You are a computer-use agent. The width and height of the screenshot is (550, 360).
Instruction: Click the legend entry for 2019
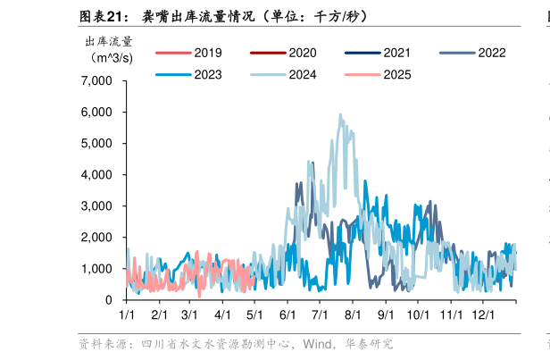[189, 53]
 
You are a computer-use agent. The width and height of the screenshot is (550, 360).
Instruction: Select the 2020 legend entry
[285, 53]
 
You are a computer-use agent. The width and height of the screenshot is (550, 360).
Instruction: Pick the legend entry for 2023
[189, 75]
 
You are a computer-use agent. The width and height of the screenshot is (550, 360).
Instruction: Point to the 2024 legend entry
[285, 75]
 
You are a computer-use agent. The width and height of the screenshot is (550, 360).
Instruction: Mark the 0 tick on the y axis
[108, 300]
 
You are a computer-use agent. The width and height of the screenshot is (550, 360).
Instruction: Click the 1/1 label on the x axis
[127, 315]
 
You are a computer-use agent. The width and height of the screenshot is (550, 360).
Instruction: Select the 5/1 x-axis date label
[255, 315]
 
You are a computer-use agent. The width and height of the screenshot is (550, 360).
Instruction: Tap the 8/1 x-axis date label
[353, 315]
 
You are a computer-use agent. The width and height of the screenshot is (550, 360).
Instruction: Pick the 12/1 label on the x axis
[483, 315]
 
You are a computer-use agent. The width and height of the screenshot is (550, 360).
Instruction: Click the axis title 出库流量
[109, 40]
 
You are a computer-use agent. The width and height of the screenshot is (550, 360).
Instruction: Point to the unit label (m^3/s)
[112, 57]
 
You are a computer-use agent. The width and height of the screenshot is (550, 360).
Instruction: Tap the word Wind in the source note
[318, 344]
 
